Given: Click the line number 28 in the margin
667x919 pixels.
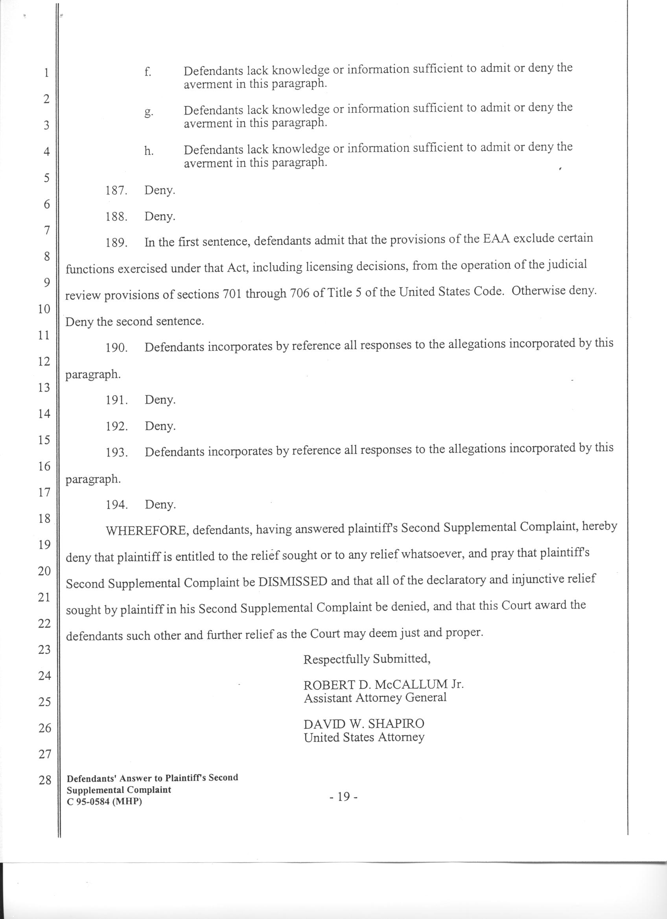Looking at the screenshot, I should [44, 780].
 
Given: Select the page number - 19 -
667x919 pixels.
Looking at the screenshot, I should [343, 797].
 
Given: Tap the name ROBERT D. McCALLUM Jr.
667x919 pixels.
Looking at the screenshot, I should [383, 685].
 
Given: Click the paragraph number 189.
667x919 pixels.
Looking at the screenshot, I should [117, 243].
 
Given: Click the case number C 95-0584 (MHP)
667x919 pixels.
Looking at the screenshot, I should [104, 802].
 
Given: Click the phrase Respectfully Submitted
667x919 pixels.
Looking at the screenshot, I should [367, 659].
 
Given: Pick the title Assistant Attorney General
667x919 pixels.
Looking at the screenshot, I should [375, 698].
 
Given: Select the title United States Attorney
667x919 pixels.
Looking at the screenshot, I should [364, 737].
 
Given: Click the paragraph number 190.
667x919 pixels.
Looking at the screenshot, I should [117, 348].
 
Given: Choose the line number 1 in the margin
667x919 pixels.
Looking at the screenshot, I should [46, 73].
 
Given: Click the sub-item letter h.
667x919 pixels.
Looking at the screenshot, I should [149, 151].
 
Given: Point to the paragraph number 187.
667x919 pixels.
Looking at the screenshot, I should [117, 191].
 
